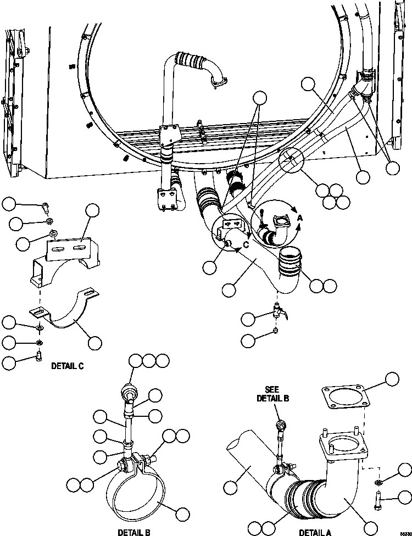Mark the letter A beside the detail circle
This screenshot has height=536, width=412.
[x=300, y=218]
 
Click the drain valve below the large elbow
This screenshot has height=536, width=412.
[x=279, y=315]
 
